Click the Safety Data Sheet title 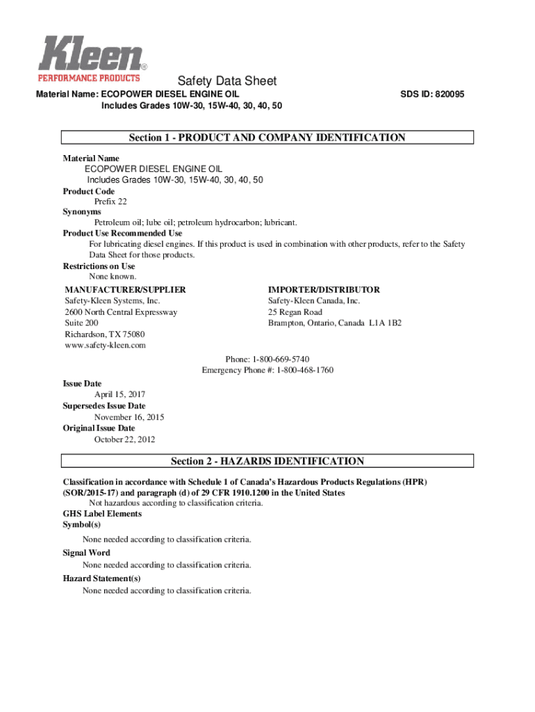pyautogui.click(x=227, y=81)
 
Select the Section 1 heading pyautogui.click(x=267, y=138)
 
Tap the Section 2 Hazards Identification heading pyautogui.click(x=267, y=461)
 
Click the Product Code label pyautogui.click(x=89, y=191)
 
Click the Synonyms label pyautogui.click(x=82, y=211)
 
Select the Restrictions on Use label pyautogui.click(x=99, y=266)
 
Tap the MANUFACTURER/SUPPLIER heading pyautogui.click(x=125, y=289)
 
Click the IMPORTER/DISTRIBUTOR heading pyautogui.click(x=324, y=289)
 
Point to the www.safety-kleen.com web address pyautogui.click(x=105, y=346)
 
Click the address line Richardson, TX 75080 pyautogui.click(x=105, y=334)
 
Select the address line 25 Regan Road pyautogui.click(x=295, y=312)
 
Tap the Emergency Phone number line pyautogui.click(x=267, y=370)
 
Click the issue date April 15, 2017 pyautogui.click(x=120, y=394)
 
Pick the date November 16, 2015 pyautogui.click(x=129, y=417)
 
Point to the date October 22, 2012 pyautogui.click(x=125, y=439)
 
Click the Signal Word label pyautogui.click(x=87, y=553)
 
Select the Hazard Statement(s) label pyautogui.click(x=102, y=578)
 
